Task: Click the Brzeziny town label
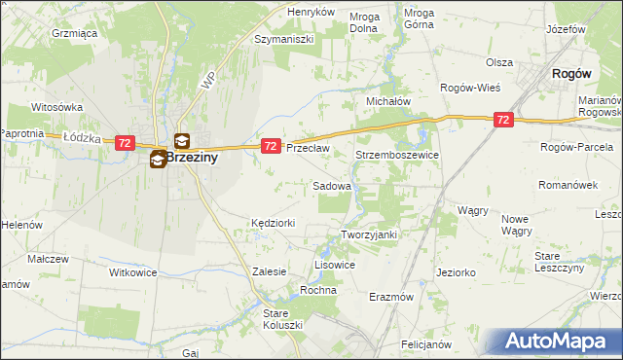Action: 190,156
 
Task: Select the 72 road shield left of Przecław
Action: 272,145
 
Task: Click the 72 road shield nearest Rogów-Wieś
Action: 502,119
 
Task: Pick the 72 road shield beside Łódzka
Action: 124,142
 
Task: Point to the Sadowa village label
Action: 331,185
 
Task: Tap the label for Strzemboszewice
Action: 397,155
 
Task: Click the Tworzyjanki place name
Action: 370,234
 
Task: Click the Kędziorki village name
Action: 273,223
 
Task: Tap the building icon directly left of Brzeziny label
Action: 158,160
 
